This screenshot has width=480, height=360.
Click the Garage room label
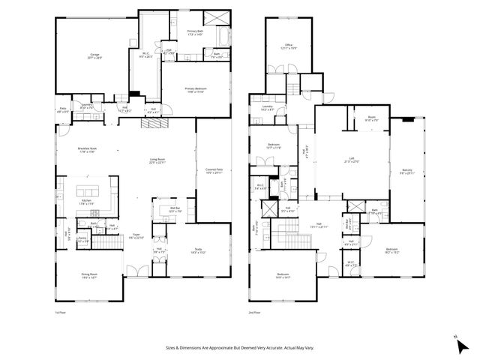point(95,55)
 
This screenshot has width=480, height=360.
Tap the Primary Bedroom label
point(196,89)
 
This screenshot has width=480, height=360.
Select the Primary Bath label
point(196,31)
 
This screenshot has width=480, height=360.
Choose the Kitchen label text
point(86,201)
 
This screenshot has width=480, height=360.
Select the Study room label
point(198,251)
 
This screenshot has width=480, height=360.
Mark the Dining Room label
point(88,276)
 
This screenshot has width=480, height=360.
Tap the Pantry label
point(82,241)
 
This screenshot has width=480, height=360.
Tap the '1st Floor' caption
point(61,312)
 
